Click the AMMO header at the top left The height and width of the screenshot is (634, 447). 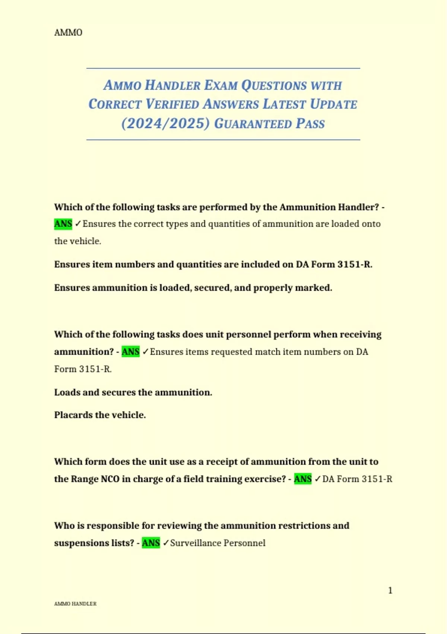68,32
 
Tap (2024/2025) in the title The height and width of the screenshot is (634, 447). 165,123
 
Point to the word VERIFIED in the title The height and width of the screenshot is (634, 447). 172,104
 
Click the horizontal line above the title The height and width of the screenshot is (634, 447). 223,68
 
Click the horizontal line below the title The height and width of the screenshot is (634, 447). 223,140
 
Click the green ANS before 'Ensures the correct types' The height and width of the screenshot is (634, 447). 63,224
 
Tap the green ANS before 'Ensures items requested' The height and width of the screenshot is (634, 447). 130,352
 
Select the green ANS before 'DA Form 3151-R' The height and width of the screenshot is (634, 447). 302,479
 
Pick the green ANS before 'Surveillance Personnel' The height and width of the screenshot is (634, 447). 150,543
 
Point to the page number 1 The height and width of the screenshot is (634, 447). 390,590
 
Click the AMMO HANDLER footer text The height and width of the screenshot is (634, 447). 75,604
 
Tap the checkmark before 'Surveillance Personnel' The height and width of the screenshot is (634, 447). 166,543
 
